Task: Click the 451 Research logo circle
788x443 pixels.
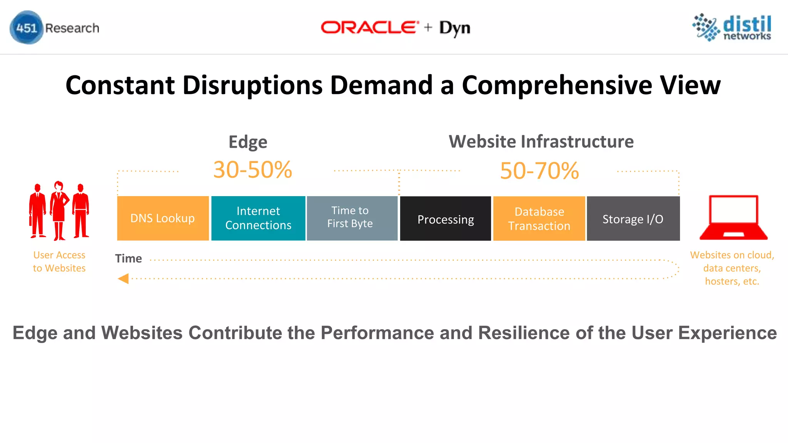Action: (x=26, y=28)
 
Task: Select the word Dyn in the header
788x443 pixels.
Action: (x=455, y=28)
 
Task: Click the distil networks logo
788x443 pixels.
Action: (x=732, y=27)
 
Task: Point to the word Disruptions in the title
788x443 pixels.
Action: (x=252, y=85)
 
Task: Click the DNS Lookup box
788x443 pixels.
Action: (x=163, y=218)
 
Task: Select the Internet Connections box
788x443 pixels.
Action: (x=258, y=218)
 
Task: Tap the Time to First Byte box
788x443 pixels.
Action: (x=352, y=218)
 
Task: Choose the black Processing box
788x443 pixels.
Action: (x=446, y=219)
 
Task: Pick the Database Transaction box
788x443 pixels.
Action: (x=539, y=219)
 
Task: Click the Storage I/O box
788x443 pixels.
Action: (x=633, y=219)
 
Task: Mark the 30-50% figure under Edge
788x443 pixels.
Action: (x=253, y=170)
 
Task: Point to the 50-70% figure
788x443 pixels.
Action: (x=539, y=171)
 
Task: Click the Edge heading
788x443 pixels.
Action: (x=248, y=142)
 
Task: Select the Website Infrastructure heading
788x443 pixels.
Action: (x=541, y=142)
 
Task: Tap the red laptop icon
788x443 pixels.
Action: (x=733, y=218)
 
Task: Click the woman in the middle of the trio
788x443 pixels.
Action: (x=59, y=210)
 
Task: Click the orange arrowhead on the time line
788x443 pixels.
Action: (x=123, y=278)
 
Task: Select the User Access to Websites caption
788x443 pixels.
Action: (x=59, y=261)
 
